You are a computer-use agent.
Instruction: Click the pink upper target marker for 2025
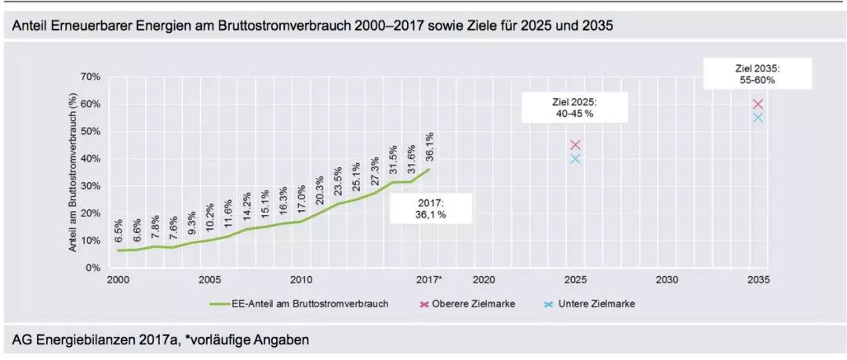(575, 144)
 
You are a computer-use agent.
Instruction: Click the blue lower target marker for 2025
(575, 158)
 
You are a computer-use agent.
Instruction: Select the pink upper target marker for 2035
(758, 104)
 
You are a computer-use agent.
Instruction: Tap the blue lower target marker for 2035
(758, 118)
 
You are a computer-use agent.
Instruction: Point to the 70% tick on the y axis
(91, 77)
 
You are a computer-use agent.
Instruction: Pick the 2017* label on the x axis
(430, 279)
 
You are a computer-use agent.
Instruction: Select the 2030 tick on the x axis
(667, 279)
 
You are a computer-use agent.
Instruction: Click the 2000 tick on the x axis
(118, 279)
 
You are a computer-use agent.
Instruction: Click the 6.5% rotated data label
(119, 233)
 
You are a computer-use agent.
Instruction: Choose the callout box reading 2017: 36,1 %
(430, 209)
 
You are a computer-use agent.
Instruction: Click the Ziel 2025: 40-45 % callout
(575, 108)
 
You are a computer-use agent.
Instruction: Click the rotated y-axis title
(72, 173)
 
